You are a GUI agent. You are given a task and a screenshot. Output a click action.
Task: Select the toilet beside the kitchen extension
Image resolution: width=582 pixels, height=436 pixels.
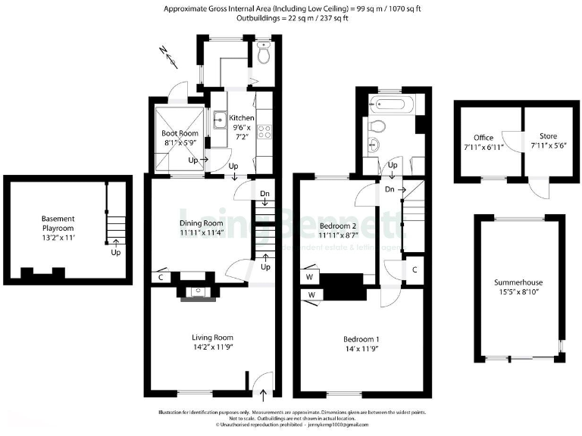262,55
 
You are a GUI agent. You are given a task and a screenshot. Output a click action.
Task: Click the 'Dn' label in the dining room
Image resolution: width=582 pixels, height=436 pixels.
264,194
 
